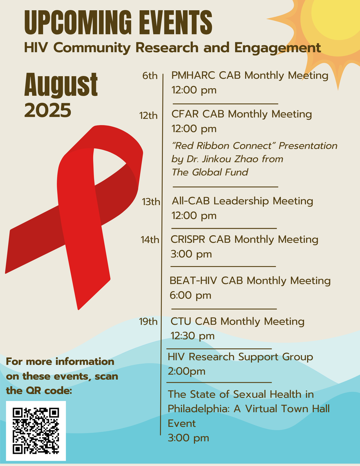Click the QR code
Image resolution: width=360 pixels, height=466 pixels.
tap(36, 430)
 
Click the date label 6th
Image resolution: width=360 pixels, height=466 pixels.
tap(150, 76)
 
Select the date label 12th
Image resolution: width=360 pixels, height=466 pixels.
tap(148, 115)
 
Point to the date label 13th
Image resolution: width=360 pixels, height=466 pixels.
tap(151, 202)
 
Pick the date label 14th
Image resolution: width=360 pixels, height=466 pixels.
tap(150, 240)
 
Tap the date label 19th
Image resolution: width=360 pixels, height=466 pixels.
tap(148, 321)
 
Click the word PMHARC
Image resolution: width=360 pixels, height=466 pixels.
tap(193, 76)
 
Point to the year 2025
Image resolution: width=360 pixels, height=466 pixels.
tap(48, 110)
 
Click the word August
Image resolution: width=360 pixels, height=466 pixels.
tap(61, 85)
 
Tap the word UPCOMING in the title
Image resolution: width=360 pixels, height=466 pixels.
tap(78, 22)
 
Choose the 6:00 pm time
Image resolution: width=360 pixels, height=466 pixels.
tap(190, 296)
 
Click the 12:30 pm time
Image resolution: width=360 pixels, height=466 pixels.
tap(192, 336)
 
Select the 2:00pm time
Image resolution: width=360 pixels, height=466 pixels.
tap(186, 372)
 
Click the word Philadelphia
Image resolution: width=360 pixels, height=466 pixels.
tap(199, 409)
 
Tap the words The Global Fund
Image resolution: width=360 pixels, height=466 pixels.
tap(210, 173)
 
